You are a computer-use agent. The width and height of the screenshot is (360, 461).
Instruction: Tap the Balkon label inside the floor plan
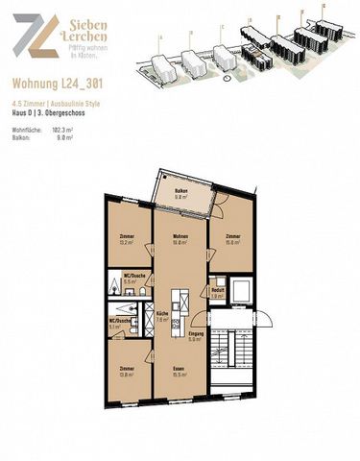[180, 192]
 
